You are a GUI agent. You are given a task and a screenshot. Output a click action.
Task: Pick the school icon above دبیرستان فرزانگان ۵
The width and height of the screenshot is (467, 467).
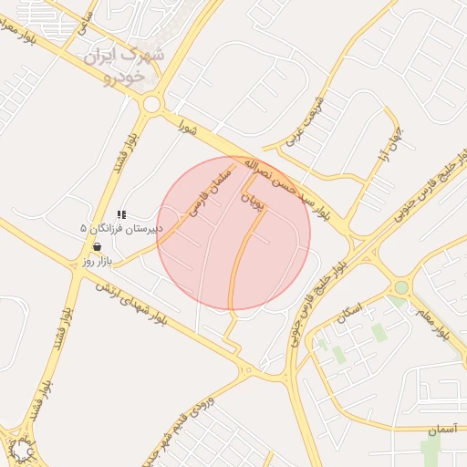pyautogui.click(x=121, y=215)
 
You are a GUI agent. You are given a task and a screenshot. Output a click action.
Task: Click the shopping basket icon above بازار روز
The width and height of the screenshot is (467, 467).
pyautogui.click(x=97, y=247)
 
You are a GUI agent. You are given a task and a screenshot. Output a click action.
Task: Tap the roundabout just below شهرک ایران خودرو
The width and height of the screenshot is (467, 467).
pyautogui.click(x=150, y=105)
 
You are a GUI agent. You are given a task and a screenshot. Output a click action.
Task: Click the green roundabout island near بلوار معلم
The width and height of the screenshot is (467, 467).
pyautogui.click(x=401, y=287)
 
